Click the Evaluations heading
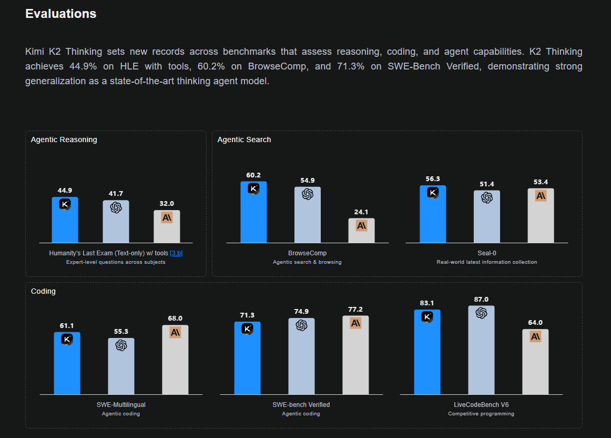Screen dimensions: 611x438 [x=61, y=14]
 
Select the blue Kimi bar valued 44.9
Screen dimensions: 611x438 [x=65, y=220]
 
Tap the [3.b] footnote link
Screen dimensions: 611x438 [x=176, y=253]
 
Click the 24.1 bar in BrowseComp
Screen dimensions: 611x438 [x=362, y=231]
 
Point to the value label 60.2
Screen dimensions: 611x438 [x=253, y=175]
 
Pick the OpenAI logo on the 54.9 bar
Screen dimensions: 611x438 [x=308, y=194]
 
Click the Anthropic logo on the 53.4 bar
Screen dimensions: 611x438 [x=541, y=195]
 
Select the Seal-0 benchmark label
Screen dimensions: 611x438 [x=487, y=253]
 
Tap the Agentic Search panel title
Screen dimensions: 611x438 [x=244, y=140]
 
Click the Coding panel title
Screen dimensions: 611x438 [x=43, y=291]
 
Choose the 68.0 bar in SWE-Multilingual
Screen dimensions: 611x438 [x=175, y=360]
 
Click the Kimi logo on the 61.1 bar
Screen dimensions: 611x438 [x=67, y=340]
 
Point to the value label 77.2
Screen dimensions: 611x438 [x=355, y=310]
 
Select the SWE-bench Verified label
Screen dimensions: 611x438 [x=301, y=405]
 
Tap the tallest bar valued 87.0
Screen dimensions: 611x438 [x=481, y=350]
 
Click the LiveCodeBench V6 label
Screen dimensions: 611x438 [x=481, y=405]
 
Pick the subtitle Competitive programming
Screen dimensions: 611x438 [x=481, y=414]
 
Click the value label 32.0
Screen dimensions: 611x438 [x=167, y=204]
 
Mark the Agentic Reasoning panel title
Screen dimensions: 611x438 [x=64, y=140]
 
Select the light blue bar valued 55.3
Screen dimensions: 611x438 [x=121, y=366]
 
